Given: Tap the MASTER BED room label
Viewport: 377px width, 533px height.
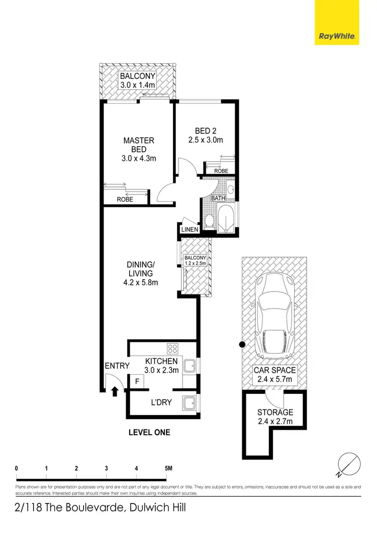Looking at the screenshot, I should pos(139,145).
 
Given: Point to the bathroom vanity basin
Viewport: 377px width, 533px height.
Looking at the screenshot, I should pos(230,190).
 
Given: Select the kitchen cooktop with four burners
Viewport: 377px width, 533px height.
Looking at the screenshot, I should pos(172,349).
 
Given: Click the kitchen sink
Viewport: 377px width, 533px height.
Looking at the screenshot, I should pos(190,366).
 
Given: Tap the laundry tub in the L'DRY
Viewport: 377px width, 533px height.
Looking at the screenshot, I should pos(190,404).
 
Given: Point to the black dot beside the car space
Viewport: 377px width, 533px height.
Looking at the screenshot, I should pos(242,345).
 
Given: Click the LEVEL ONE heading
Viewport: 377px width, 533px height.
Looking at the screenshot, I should pos(149,432).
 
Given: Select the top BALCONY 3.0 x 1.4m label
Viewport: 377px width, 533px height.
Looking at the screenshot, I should pos(138,81).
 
